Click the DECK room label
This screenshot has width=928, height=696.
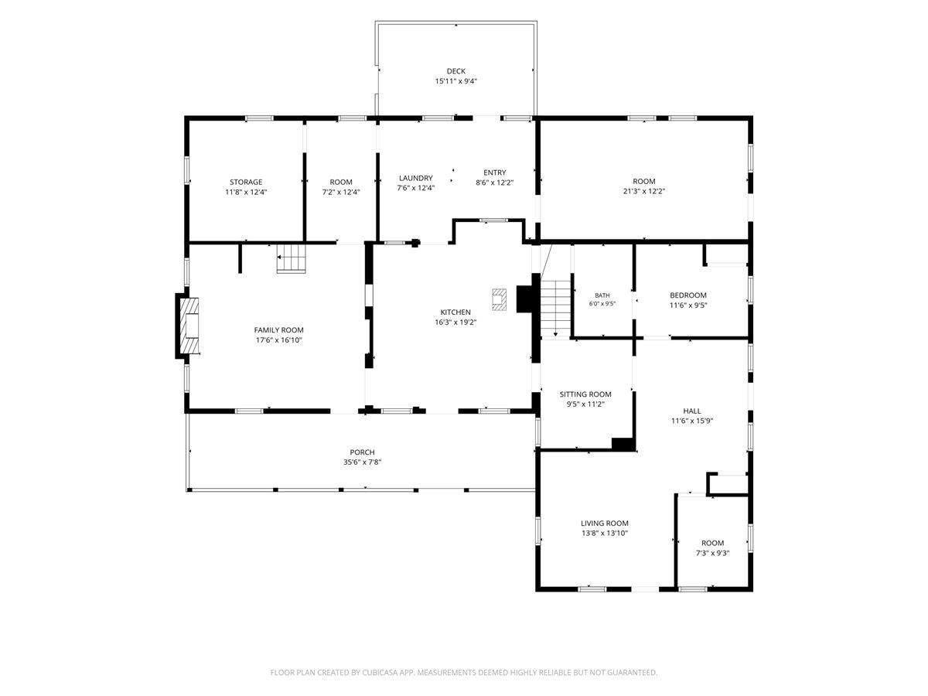pyautogui.click(x=455, y=71)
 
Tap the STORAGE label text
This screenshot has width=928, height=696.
pyautogui.click(x=246, y=182)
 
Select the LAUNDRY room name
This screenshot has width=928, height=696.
pyautogui.click(x=415, y=178)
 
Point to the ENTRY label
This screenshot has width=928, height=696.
pyautogui.click(x=494, y=172)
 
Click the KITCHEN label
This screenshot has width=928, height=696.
pyautogui.click(x=455, y=312)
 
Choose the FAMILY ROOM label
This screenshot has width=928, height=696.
pyautogui.click(x=278, y=329)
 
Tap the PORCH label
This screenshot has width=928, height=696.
pyautogui.click(x=362, y=452)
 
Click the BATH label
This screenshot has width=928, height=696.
pyautogui.click(x=602, y=295)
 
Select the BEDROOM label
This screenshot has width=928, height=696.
pyautogui.click(x=687, y=295)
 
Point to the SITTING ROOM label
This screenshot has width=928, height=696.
pyautogui.click(x=585, y=394)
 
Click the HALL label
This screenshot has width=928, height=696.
pyautogui.click(x=691, y=411)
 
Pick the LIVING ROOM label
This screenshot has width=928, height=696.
pyautogui.click(x=604, y=523)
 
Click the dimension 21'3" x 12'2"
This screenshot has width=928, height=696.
pyautogui.click(x=644, y=191)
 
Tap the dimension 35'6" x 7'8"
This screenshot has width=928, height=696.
pyautogui.click(x=362, y=462)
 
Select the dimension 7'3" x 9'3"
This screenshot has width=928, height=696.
pyautogui.click(x=712, y=553)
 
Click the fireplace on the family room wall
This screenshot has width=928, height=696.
pyautogui.click(x=188, y=326)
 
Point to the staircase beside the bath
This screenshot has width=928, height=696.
pyautogui.click(x=554, y=308)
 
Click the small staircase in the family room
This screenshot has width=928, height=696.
pyautogui.click(x=292, y=258)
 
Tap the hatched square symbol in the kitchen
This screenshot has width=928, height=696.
pyautogui.click(x=499, y=299)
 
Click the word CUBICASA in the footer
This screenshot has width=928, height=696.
pyautogui.click(x=380, y=672)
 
